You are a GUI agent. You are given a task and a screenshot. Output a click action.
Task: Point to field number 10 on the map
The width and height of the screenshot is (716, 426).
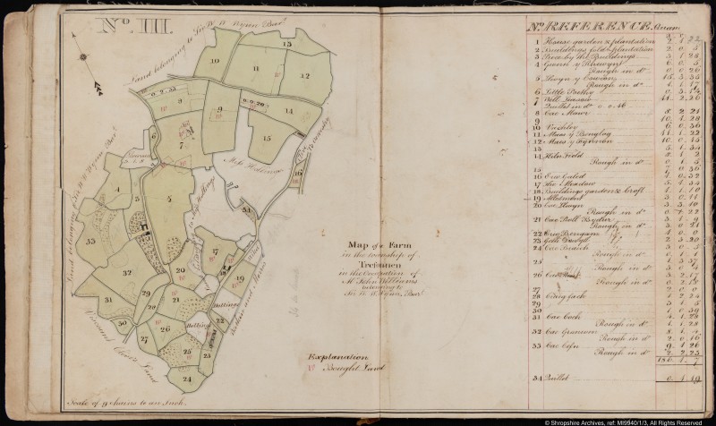(x=215, y=60)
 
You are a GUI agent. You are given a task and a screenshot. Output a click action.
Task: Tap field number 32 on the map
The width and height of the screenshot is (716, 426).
(x=127, y=272)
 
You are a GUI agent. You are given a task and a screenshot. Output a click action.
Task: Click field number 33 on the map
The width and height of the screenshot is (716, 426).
(x=91, y=241)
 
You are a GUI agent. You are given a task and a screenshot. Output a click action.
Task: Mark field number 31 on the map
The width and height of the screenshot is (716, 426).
(x=107, y=300)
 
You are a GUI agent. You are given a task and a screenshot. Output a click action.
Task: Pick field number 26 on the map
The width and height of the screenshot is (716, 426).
(x=165, y=328)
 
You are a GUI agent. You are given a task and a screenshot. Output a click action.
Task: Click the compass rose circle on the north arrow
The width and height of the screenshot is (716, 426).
(x=83, y=58)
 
